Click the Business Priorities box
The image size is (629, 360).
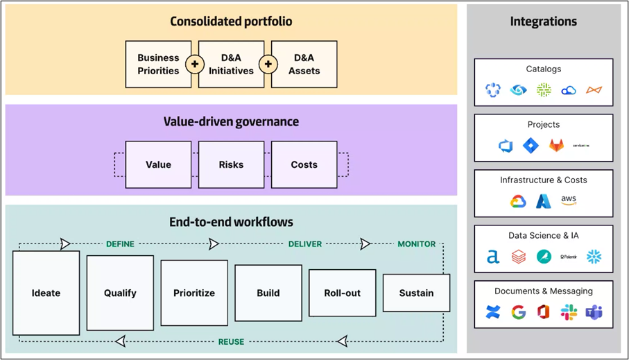click(x=158, y=64)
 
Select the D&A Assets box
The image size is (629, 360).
click(x=304, y=64)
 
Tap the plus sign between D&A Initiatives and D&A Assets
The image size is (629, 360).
click(x=268, y=65)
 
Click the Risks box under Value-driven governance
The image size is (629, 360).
click(x=231, y=164)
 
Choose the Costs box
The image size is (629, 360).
click(x=304, y=164)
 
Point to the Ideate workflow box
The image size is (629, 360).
click(x=46, y=293)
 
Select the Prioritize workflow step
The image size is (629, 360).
click(x=194, y=293)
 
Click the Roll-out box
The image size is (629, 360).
click(x=342, y=293)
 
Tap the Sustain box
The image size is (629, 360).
click(x=416, y=293)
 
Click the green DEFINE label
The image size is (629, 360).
click(x=120, y=244)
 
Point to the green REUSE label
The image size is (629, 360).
click(x=231, y=341)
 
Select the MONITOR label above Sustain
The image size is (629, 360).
click(x=416, y=244)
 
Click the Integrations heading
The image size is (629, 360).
click(x=543, y=22)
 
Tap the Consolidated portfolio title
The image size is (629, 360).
click(x=231, y=22)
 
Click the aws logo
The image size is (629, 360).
click(x=569, y=200)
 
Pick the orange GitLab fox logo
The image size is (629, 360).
click(x=556, y=146)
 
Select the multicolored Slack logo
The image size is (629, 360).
click(x=569, y=312)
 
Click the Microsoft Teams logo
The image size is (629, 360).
click(x=594, y=312)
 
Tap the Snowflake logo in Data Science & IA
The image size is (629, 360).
click(x=594, y=257)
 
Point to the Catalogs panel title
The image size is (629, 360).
click(x=544, y=69)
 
